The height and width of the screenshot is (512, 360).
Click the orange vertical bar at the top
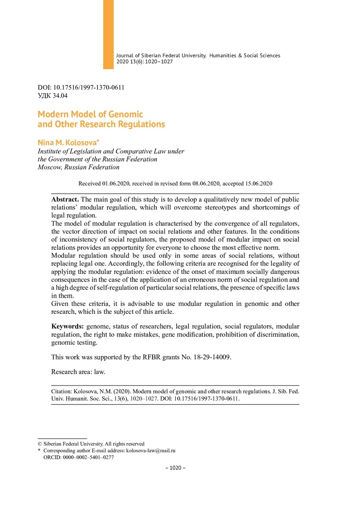[108, 34]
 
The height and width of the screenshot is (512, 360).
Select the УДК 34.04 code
[53, 96]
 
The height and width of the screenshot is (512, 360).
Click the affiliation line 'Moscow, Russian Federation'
[78, 167]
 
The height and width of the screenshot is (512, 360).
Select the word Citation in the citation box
[63, 392]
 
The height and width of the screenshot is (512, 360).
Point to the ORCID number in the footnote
[89, 457]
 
